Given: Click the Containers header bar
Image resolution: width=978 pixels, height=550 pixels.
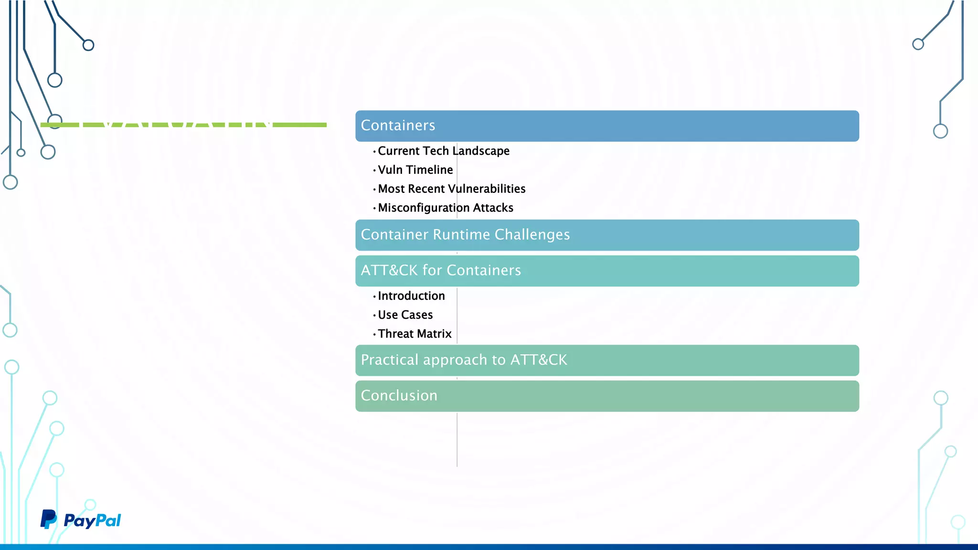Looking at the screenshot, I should (606, 126).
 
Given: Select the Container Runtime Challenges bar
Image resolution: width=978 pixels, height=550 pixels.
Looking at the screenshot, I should (606, 235).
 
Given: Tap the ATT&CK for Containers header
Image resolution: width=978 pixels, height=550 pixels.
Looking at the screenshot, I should (606, 271).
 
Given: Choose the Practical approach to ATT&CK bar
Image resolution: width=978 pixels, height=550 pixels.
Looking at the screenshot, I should (606, 360).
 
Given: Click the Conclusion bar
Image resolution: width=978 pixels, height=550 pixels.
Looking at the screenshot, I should (606, 396).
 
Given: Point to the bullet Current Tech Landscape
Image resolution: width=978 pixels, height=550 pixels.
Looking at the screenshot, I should (443, 151).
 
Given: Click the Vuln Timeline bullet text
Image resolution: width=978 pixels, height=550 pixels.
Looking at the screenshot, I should (415, 170).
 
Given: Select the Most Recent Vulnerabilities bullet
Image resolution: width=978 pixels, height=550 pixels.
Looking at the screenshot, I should (451, 189).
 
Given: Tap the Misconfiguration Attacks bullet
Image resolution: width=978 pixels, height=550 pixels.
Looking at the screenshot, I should (445, 208).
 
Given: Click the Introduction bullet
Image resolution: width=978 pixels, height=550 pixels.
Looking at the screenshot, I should (411, 296).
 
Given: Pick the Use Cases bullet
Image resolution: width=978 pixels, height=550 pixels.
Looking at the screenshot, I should (405, 315).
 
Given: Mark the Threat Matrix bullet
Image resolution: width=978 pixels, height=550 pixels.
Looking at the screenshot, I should (415, 334).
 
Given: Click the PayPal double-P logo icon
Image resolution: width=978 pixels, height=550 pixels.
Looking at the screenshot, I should (48, 519).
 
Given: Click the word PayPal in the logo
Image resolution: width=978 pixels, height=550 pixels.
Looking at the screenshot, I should (92, 520).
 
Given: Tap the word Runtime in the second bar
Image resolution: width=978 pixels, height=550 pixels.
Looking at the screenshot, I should (461, 235).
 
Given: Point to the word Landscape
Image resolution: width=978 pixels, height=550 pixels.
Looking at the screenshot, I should (481, 151).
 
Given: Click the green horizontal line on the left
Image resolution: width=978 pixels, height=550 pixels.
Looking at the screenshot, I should (301, 125).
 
